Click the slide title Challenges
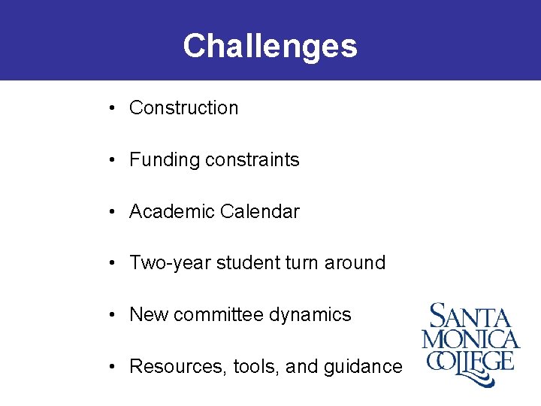[270, 46]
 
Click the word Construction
[183, 108]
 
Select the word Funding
[159, 160]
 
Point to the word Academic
[171, 212]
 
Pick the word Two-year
[170, 263]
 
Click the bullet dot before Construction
[110, 108]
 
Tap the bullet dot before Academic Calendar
[110, 212]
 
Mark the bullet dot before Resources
[110, 367]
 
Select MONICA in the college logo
[470, 339]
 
